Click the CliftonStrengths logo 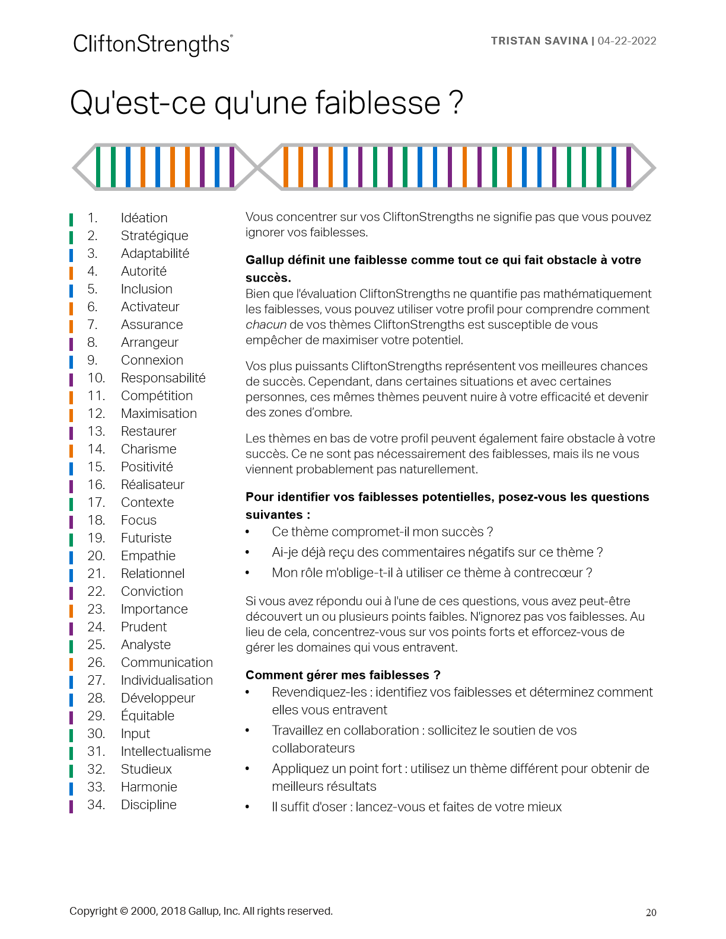(x=152, y=44)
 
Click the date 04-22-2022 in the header (x=627, y=41)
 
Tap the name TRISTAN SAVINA (x=539, y=41)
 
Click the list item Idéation (x=144, y=218)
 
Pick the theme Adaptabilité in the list (x=155, y=254)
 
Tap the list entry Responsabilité (x=163, y=378)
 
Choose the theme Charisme (x=148, y=449)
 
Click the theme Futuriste (x=146, y=538)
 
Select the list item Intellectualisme (x=165, y=752)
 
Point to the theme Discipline (x=148, y=805)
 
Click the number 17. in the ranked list (x=96, y=503)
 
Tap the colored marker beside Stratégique (x=71, y=237)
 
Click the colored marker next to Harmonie (x=71, y=788)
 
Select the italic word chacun (x=266, y=325)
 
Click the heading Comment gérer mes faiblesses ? (x=343, y=675)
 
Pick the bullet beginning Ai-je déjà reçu (x=437, y=552)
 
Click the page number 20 (x=651, y=913)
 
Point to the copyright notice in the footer (x=201, y=911)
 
